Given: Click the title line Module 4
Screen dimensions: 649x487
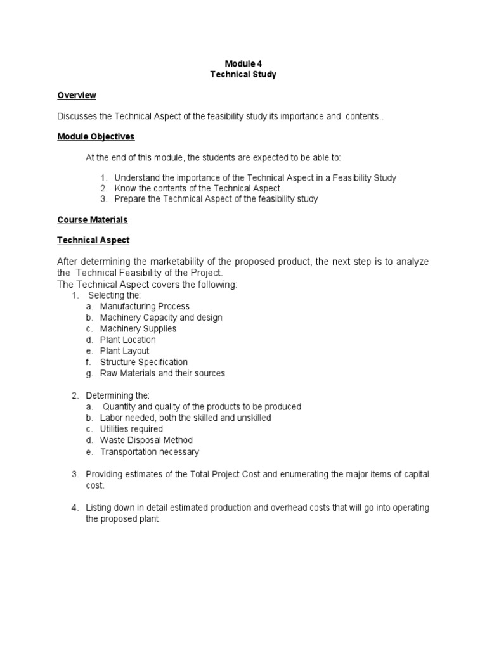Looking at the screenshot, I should pos(243,63).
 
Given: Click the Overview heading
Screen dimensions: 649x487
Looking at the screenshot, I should pos(77,96).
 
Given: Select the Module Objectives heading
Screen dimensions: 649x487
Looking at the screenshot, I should pos(96,136).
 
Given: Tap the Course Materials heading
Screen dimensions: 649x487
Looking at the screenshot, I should pos(93,220).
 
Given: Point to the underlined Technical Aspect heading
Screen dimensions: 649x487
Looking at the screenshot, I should pos(93,241).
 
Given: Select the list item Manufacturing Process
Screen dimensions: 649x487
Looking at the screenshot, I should pos(145,306).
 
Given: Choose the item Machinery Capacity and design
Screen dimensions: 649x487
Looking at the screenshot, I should pos(161,318).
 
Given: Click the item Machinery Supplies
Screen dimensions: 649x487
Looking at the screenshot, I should pos(138,329).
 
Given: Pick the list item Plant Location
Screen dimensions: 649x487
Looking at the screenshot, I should pos(127,340).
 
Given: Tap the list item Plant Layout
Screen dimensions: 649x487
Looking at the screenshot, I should pos(124,351).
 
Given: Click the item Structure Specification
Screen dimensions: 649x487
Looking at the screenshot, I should pos(144,363).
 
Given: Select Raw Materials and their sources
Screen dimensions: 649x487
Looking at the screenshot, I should pos(162,373).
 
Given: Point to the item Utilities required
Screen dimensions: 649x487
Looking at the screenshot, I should pos(131,429).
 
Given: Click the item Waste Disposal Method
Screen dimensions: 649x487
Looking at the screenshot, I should pos(146,440).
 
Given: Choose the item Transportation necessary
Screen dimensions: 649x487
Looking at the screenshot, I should pos(149,452).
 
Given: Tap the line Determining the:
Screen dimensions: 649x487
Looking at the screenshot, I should pos(118,395).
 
